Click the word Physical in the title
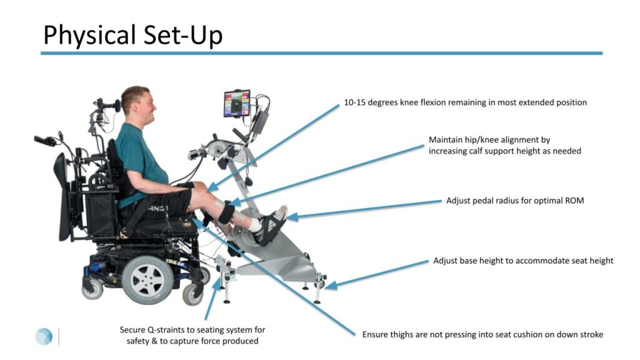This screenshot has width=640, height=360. (89, 35)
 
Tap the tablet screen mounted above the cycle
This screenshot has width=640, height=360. (236, 103)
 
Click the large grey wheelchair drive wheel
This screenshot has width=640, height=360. (147, 280)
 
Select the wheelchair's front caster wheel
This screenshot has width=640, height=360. (192, 294)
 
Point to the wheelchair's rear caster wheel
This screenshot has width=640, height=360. (92, 288)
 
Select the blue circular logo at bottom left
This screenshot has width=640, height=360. (44, 336)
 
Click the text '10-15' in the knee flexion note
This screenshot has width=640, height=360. (354, 102)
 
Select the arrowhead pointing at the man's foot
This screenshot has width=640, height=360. (292, 217)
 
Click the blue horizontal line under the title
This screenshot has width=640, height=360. (322, 53)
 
